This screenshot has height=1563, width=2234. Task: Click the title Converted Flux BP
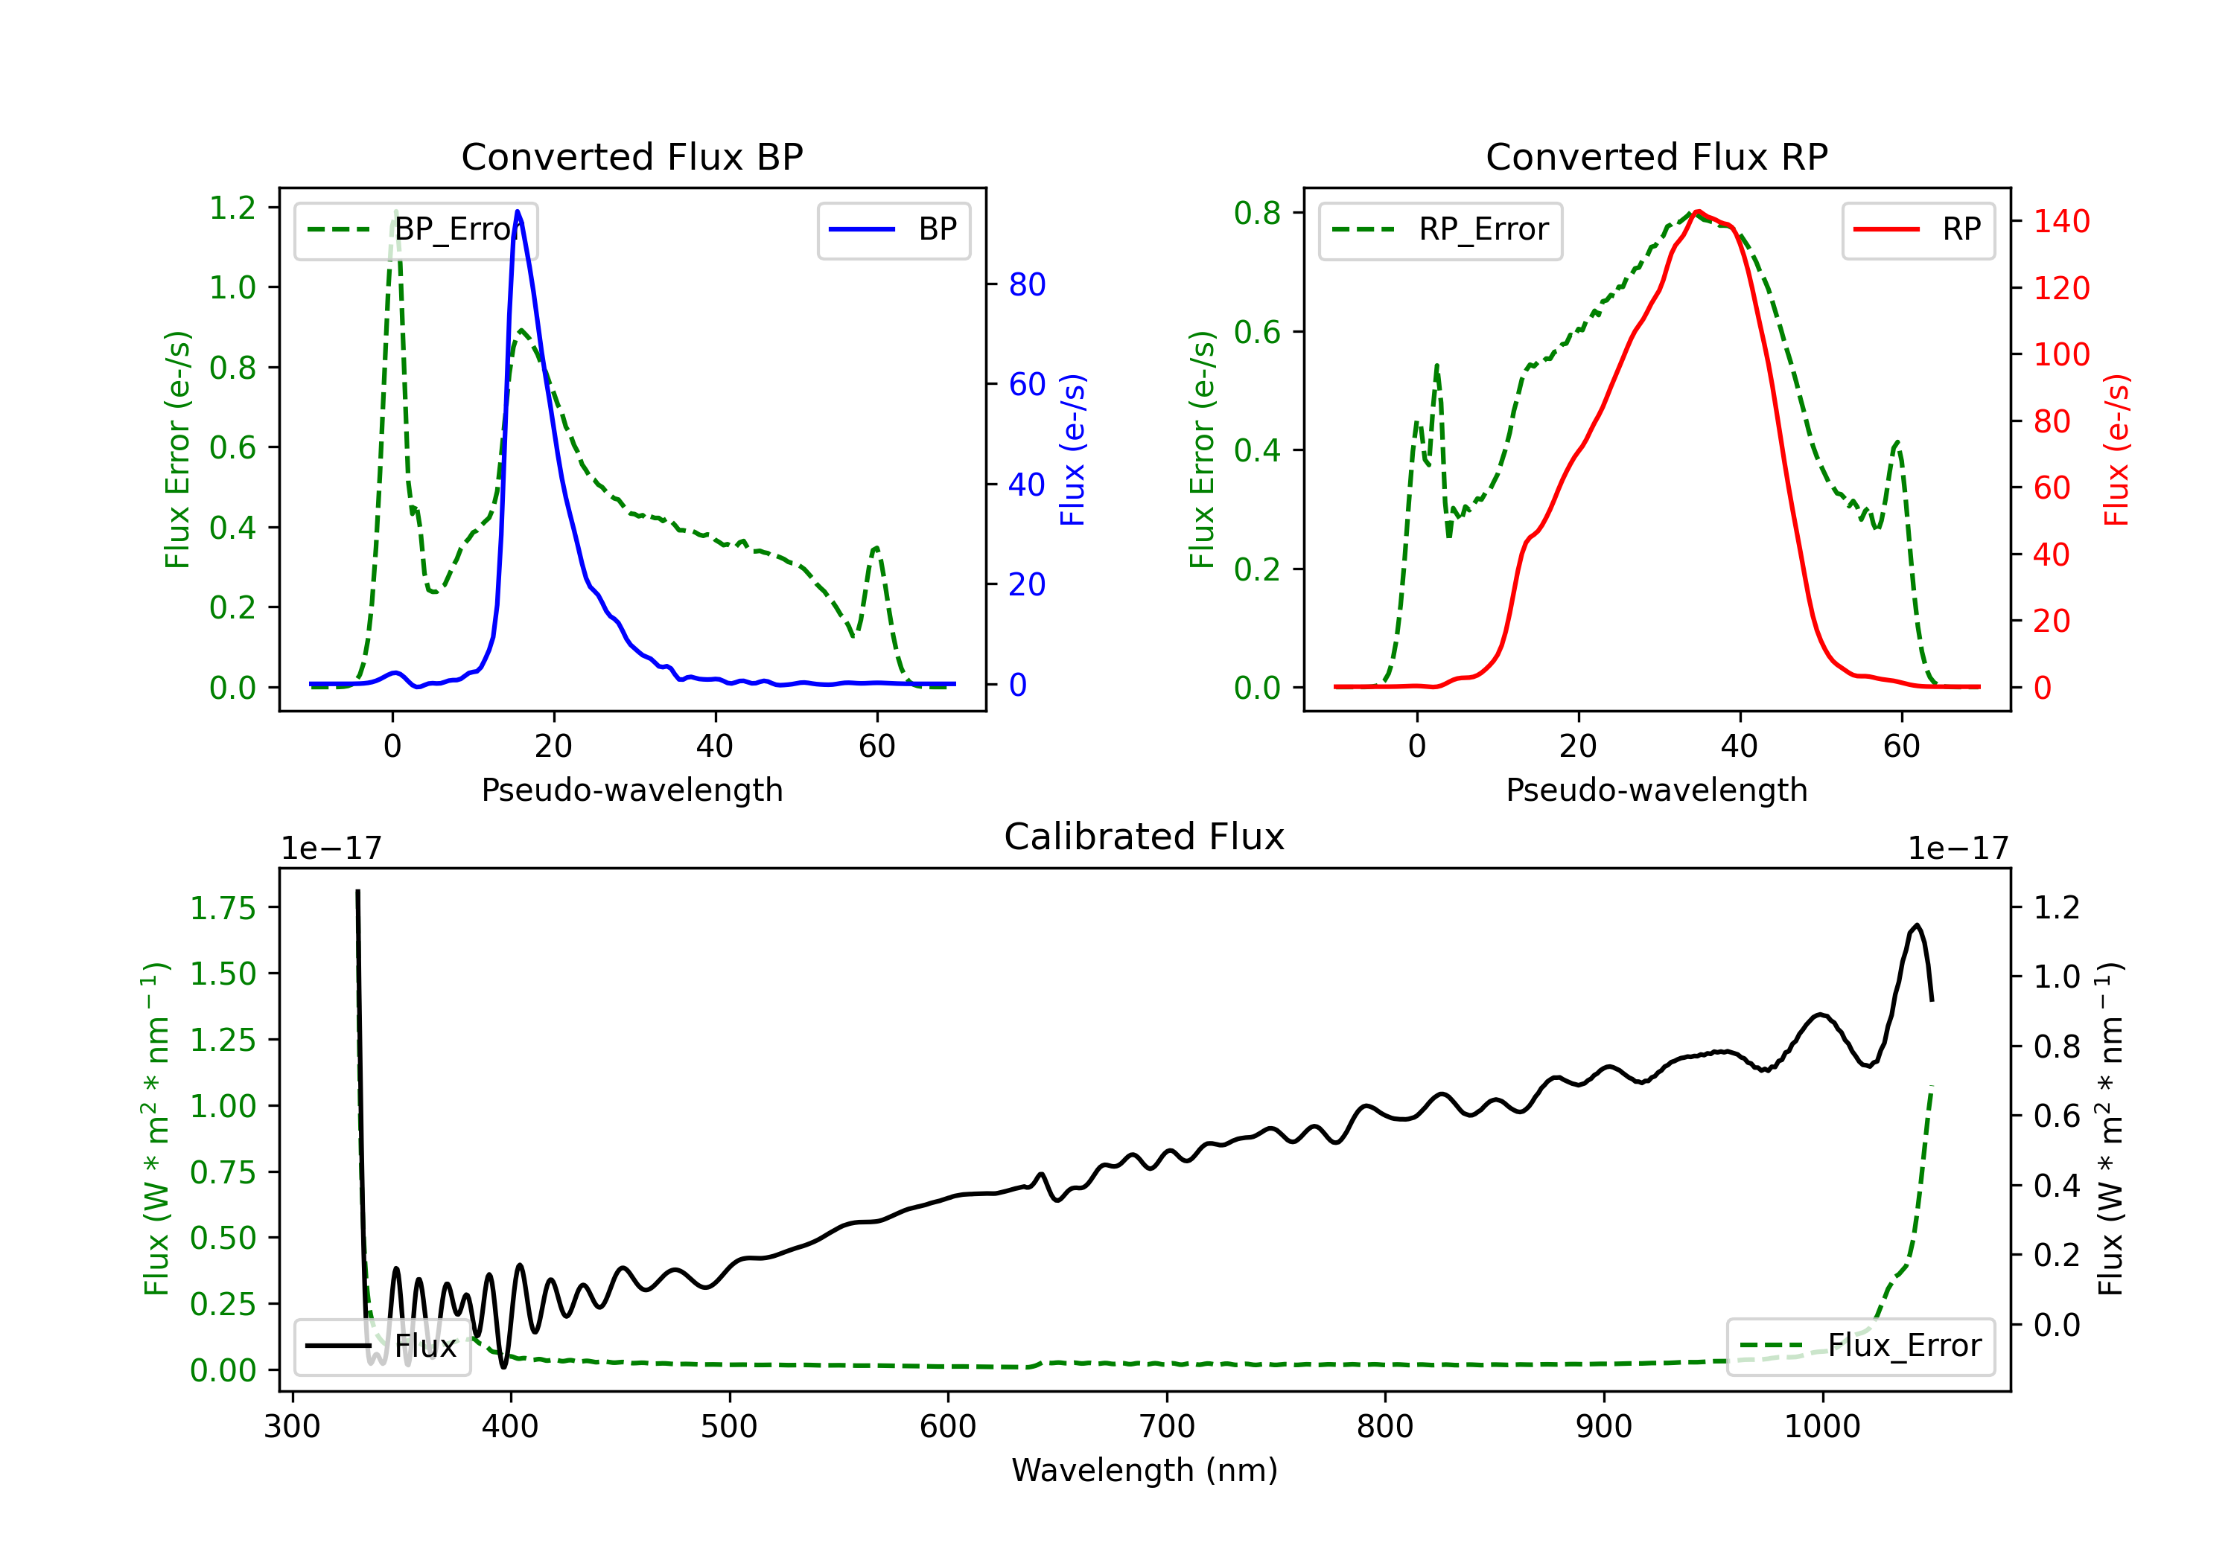point(631,156)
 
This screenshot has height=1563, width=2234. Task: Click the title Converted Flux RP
point(1656,156)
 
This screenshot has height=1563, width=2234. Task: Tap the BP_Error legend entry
point(416,229)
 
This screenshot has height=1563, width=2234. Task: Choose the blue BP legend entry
point(893,229)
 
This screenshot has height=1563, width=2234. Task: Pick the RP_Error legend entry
point(1440,229)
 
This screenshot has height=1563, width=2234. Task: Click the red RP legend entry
point(1918,229)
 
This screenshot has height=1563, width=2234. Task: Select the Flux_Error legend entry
point(1859,1346)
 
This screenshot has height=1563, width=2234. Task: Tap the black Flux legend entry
point(383,1346)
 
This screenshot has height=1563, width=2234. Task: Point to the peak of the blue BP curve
point(518,211)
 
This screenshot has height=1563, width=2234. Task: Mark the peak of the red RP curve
point(1697,211)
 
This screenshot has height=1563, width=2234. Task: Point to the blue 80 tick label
point(1028,284)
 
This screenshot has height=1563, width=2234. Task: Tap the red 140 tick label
point(2060,221)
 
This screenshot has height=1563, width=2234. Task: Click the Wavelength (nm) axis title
point(1145,1470)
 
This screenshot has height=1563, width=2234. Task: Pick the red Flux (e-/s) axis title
point(2117,450)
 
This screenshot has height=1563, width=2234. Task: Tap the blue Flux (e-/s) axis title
point(1072,450)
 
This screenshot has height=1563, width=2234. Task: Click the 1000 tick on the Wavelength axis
point(1821,1426)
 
